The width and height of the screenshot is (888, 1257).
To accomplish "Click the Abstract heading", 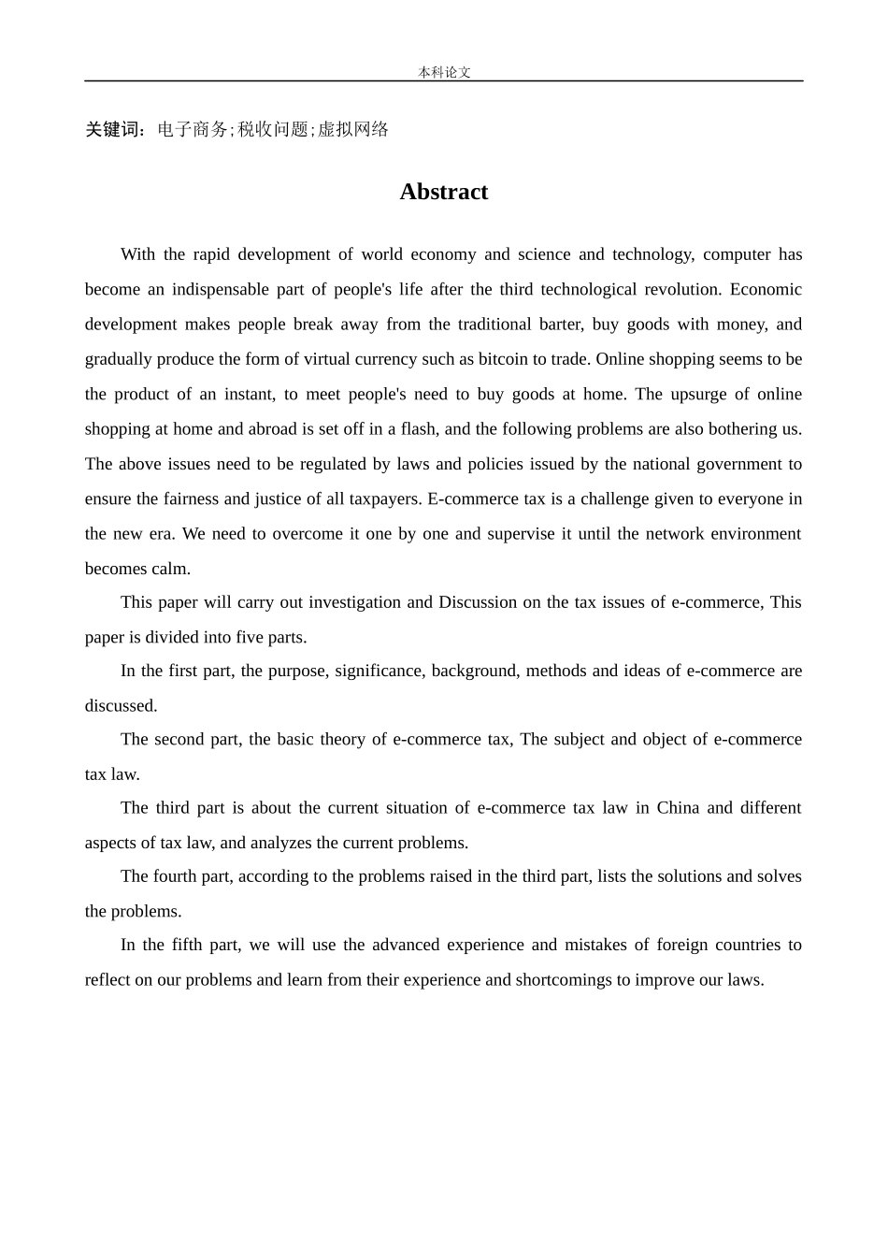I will point(443,192).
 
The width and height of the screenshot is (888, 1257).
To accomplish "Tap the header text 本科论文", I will point(444,72).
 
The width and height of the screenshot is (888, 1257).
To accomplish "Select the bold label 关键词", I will point(113,130).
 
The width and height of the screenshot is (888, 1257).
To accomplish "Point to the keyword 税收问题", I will point(273,130).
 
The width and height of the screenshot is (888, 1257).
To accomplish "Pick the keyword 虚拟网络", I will point(353,130).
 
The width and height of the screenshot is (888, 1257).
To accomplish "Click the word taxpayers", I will point(384,498).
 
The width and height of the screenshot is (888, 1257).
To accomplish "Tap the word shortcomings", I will point(564,980).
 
